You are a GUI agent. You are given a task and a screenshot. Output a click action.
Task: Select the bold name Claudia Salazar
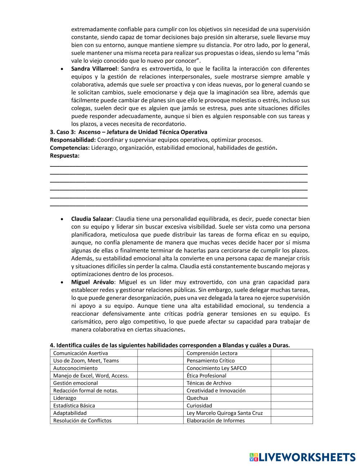tap(91, 219)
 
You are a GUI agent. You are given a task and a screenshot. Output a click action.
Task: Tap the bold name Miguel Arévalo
tap(93, 282)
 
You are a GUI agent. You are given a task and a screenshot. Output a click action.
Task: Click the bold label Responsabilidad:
tap(73, 140)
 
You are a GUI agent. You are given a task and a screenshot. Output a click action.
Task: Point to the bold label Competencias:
tap(70, 148)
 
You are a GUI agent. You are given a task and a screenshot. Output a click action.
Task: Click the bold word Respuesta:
tap(65, 156)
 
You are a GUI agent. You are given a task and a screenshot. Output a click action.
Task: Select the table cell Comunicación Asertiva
tap(81, 353)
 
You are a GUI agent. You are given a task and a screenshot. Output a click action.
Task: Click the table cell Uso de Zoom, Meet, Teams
tap(86, 361)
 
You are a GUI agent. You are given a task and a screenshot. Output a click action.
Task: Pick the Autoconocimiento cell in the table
tap(76, 368)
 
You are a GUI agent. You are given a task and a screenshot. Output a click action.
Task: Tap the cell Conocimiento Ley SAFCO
tap(216, 368)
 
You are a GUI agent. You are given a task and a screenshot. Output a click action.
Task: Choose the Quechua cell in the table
tap(197, 398)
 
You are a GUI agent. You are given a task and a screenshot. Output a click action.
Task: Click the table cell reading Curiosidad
tap(199, 405)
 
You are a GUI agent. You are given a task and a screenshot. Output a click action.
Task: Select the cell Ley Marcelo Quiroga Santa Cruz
tap(225, 413)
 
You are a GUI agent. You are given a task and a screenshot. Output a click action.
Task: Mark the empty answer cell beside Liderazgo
tap(160, 398)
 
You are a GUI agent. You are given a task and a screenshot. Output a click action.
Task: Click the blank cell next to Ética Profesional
tap(292, 376)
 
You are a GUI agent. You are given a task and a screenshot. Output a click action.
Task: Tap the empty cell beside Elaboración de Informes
tap(292, 421)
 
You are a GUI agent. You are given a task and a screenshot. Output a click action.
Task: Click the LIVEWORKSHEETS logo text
tap(307, 457)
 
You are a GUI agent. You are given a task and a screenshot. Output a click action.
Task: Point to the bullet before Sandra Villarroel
tap(63, 69)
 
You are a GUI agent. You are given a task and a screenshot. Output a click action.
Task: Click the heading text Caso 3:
tap(66, 132)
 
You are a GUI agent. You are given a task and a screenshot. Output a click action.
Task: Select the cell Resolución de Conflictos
tap(82, 421)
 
